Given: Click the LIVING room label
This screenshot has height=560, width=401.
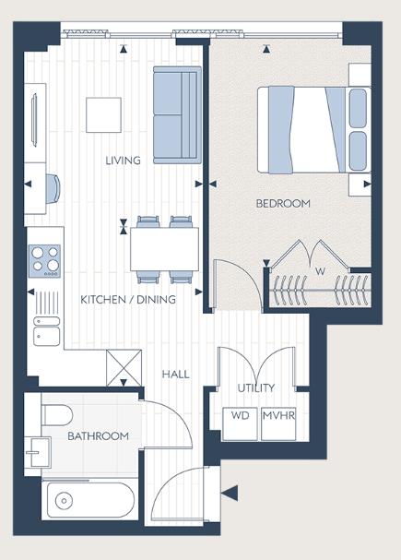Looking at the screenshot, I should (123, 161).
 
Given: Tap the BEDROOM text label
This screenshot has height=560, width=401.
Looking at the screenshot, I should (283, 203).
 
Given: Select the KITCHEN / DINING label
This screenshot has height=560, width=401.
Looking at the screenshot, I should (128, 299).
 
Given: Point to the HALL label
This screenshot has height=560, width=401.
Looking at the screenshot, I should (175, 374).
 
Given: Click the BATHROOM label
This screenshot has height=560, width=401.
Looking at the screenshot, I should (98, 435).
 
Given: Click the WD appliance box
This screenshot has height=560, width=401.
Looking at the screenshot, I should (240, 416).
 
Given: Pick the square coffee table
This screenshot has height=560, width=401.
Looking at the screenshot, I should (103, 115).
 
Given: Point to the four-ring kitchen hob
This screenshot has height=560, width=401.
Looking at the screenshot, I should (43, 258).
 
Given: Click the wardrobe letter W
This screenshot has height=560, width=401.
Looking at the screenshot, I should (320, 271).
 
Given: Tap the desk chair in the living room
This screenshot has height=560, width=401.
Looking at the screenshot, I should (53, 185).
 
